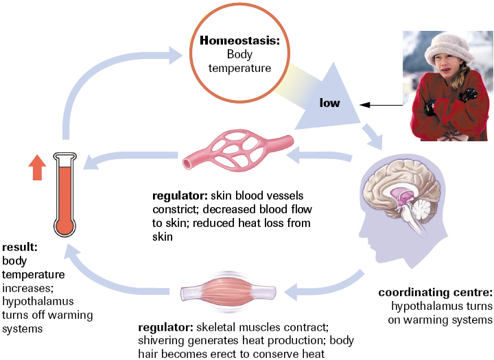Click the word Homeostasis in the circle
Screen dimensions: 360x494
[x=240, y=40]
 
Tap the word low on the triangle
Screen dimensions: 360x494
[x=331, y=103]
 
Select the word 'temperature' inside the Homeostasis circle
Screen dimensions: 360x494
[x=239, y=68]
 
